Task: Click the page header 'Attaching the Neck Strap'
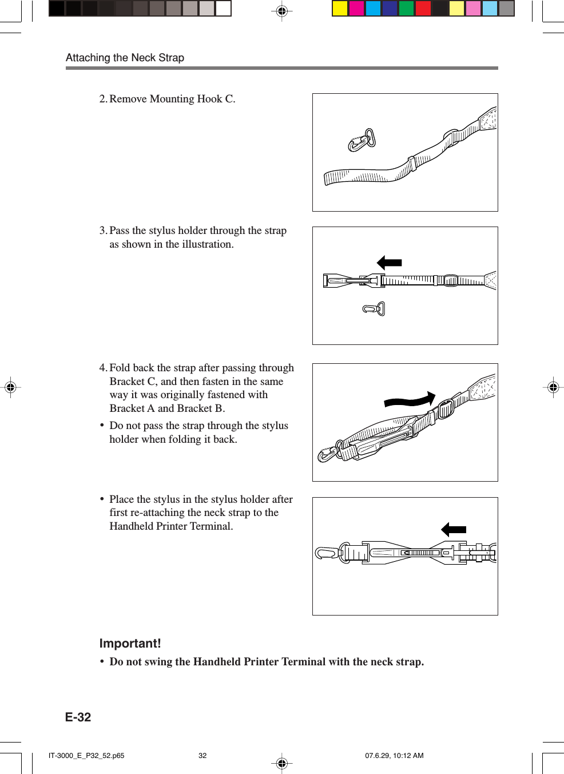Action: point(125,58)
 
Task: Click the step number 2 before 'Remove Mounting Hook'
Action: point(102,99)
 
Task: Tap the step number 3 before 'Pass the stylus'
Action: point(102,231)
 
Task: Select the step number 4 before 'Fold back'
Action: point(102,368)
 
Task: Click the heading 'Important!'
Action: point(130,644)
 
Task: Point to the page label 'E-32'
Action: point(78,717)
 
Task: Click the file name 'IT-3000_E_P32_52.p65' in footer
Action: point(86,756)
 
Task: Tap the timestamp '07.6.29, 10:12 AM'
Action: point(394,756)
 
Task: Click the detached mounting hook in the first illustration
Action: point(362,140)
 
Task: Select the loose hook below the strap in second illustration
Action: point(374,309)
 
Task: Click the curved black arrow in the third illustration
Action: point(410,400)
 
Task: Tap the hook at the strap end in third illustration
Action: point(328,454)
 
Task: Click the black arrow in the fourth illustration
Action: point(454,530)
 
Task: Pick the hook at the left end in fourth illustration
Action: point(326,553)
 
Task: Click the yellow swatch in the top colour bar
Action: point(340,9)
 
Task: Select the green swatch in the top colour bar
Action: point(407,9)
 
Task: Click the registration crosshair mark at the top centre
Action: point(281,11)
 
